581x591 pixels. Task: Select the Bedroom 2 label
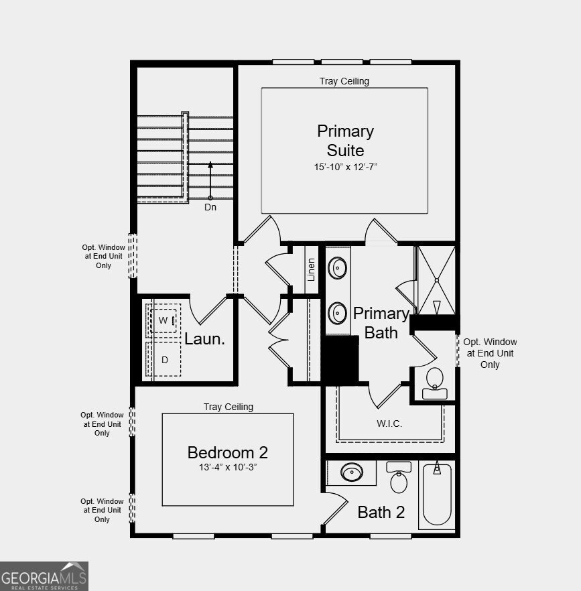(228, 452)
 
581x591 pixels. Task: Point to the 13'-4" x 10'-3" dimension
(228, 467)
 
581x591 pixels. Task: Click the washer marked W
(164, 320)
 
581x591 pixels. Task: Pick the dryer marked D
(165, 360)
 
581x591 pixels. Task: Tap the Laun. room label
(204, 339)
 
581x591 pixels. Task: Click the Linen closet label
(311, 270)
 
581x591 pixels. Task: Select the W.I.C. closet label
(389, 423)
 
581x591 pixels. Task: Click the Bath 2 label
(381, 513)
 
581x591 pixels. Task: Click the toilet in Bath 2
(399, 478)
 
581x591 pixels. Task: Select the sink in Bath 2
(352, 473)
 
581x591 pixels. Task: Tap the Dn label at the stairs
(210, 207)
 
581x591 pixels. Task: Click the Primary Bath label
(381, 322)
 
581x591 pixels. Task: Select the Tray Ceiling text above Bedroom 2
(229, 407)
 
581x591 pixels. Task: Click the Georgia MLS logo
(44, 576)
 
